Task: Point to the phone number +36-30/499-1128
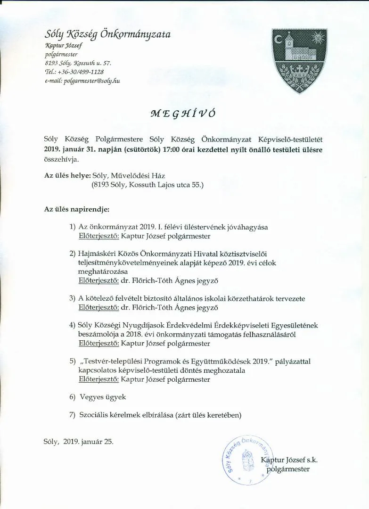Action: click(81, 72)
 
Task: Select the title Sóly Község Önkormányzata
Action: click(107, 34)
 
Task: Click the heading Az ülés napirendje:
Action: click(77, 208)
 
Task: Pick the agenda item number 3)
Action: click(72, 298)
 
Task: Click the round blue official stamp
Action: click(246, 460)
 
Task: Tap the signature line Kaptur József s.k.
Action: click(291, 460)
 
